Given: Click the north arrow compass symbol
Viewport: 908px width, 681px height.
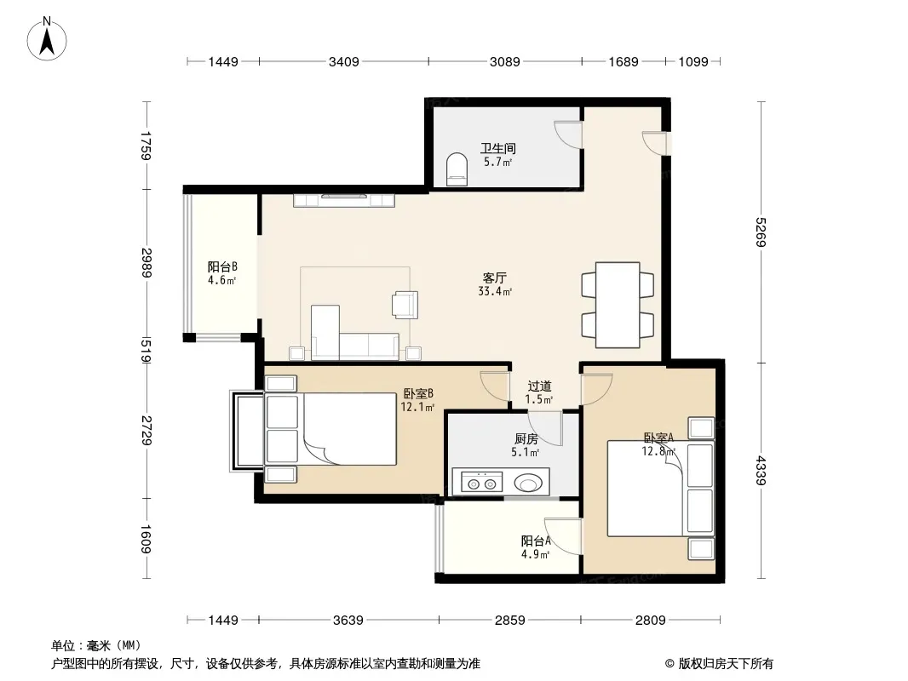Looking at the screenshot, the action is coord(47,39).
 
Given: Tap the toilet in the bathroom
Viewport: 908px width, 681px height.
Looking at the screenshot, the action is coord(457,169).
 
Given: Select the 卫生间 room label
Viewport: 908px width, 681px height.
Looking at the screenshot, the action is coord(498,148).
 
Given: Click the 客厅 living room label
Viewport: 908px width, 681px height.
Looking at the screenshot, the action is coord(495,278).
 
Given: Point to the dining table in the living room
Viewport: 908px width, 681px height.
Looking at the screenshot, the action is coord(618,305).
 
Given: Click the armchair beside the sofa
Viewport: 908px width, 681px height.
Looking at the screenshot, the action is coord(405,305).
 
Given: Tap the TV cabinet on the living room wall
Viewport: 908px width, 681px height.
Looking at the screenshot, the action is coord(344,200).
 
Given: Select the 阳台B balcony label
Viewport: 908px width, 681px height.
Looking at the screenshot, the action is coord(222,266).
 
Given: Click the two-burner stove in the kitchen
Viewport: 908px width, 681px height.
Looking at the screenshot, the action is coord(481,482).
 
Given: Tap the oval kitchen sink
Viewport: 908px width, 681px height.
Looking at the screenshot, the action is coord(528,482).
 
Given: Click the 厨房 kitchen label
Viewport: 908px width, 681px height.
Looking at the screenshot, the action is coord(526,439).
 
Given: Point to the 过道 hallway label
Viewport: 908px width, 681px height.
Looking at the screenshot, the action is coord(539,386).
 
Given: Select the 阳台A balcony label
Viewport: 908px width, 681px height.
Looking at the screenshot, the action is coord(536,541).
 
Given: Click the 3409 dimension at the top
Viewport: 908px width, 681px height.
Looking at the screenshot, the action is coord(344,61).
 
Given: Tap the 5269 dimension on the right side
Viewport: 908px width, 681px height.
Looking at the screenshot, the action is coord(761,232).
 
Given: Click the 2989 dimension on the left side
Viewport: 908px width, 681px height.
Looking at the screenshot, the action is coord(147,262).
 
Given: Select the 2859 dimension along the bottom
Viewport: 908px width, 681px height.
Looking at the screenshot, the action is coord(509,621).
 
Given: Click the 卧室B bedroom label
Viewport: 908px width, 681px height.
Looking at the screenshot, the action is coord(418,393).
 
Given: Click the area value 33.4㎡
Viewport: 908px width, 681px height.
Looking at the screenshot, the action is coord(495,291).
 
